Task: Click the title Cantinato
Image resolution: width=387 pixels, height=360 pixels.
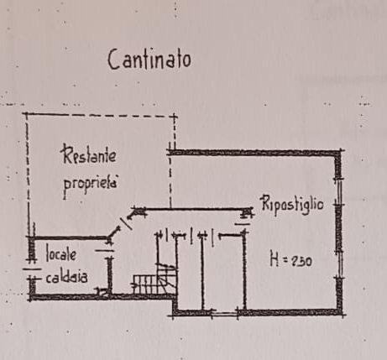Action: coord(149,60)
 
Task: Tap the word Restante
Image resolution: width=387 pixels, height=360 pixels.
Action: coord(89,154)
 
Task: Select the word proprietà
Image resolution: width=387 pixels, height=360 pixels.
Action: coord(90,185)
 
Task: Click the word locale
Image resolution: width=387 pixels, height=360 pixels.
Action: coord(61,253)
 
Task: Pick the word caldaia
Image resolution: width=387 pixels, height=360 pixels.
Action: coord(66,277)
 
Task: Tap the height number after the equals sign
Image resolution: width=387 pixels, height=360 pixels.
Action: coord(301,261)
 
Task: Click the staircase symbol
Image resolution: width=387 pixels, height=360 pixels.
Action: coord(155,279)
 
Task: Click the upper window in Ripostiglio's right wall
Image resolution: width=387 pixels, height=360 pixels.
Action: coord(339,191)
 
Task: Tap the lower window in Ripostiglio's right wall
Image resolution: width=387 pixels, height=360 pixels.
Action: coord(340,263)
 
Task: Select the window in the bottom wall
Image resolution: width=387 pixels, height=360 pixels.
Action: coord(224,313)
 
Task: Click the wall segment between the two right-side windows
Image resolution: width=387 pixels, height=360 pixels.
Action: coord(339,227)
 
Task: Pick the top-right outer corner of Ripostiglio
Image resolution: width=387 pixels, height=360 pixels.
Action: coord(342,150)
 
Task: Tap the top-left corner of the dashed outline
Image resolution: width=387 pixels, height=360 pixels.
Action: coord(27,113)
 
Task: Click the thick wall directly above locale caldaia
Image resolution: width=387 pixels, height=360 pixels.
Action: coord(69,238)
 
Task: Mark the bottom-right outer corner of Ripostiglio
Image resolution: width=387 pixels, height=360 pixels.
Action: coord(343,314)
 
